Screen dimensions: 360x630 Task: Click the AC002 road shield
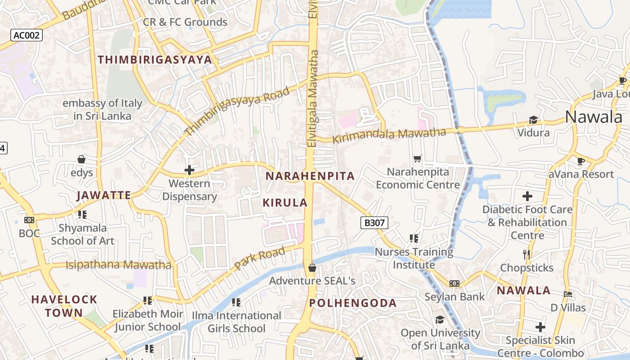[27, 35]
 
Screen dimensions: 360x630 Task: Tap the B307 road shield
[374, 222]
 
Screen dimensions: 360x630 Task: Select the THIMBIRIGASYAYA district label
[155, 59]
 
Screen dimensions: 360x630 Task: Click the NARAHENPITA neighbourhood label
[310, 176]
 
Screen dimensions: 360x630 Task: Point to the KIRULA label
[285, 202]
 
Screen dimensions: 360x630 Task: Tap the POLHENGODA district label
[353, 303]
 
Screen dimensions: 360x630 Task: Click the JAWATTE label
[104, 195]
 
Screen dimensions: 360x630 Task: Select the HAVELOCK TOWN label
[64, 306]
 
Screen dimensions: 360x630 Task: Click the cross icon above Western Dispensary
[189, 170]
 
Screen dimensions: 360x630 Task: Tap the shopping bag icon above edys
[81, 159]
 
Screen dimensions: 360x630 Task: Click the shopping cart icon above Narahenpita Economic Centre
[417, 158]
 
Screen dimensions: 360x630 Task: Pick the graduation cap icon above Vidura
[533, 120]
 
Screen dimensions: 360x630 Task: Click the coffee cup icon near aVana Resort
[581, 161]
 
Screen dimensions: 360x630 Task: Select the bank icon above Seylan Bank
[454, 283]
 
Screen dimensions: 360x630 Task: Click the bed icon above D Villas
[568, 294]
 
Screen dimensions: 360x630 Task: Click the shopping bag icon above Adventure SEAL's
[312, 268]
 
